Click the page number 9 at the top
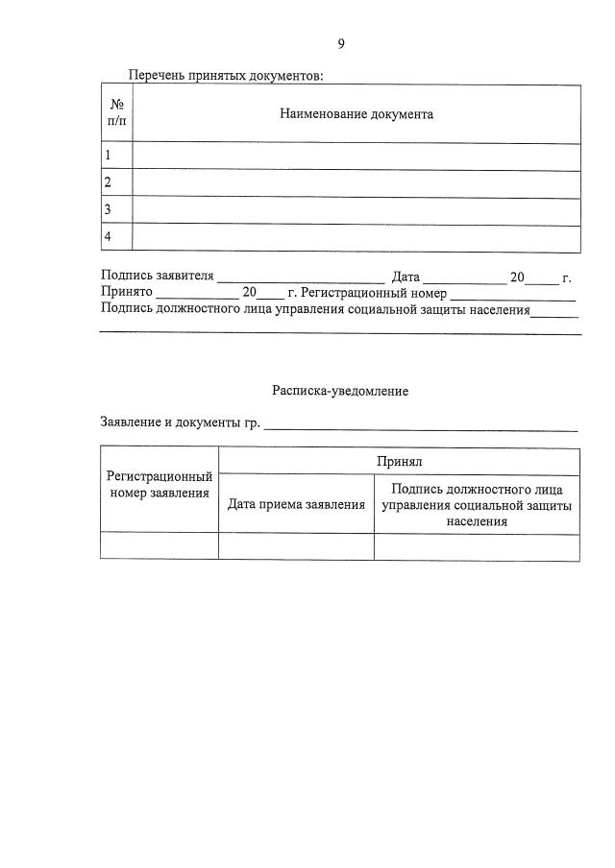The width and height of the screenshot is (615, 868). tap(341, 43)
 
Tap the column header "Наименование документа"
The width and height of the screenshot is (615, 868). tap(357, 114)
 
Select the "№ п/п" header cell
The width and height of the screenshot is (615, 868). tap(116, 114)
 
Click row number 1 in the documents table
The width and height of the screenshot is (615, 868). tap(109, 156)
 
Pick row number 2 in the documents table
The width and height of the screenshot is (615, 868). tap(109, 182)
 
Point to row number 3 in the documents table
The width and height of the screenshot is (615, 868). tap(109, 210)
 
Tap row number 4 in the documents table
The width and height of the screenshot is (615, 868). tap(109, 237)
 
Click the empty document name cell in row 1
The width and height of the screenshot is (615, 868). tap(356, 156)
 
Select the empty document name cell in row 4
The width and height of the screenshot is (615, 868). tap(356, 237)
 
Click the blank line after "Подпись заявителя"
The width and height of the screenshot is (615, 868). tap(300, 280)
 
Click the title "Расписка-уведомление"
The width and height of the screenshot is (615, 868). tap(340, 392)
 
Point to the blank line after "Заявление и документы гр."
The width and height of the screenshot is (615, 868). tap(421, 425)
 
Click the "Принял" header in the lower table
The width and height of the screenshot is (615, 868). tap(400, 462)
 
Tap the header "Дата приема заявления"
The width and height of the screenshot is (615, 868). tap(296, 504)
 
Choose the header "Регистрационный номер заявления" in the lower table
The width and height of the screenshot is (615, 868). tap(160, 485)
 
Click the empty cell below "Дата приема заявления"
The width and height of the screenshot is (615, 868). tap(296, 546)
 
